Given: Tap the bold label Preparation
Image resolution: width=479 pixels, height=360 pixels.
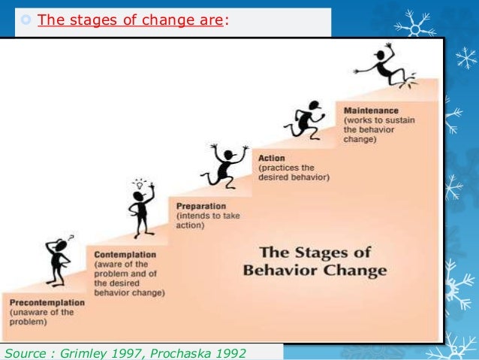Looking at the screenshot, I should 202,204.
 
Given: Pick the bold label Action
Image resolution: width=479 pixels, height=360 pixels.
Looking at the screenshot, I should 271,158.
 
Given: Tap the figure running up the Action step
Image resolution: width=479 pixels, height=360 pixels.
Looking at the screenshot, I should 305,120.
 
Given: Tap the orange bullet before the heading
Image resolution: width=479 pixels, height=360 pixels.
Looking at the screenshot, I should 27,20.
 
